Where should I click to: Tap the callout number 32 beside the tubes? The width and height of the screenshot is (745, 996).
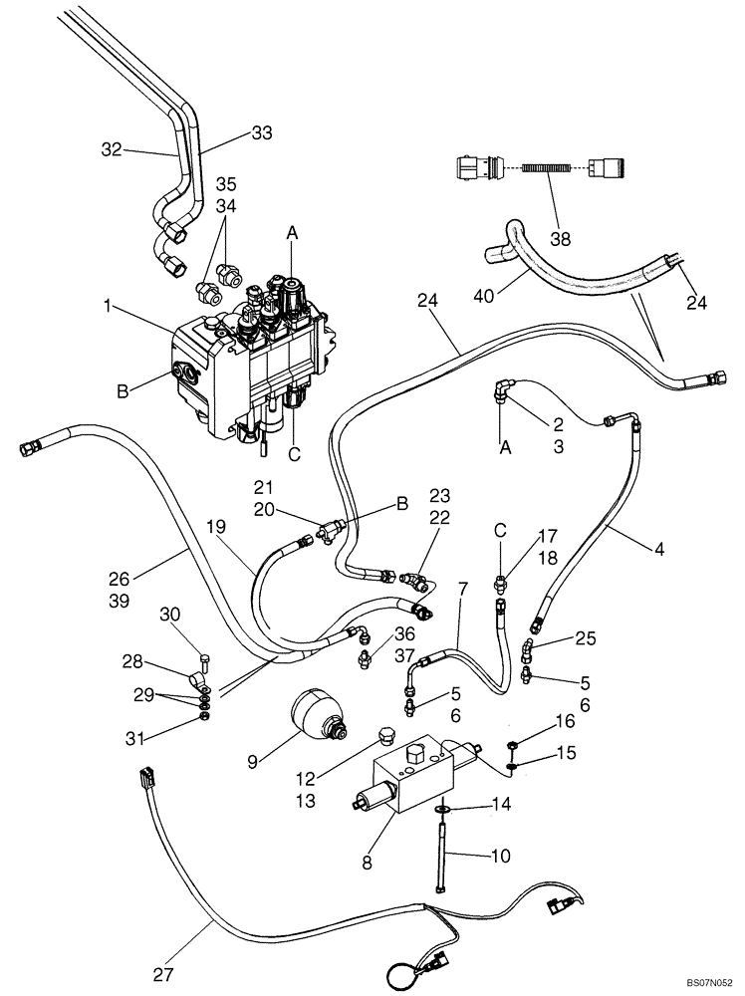(x=114, y=151)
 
